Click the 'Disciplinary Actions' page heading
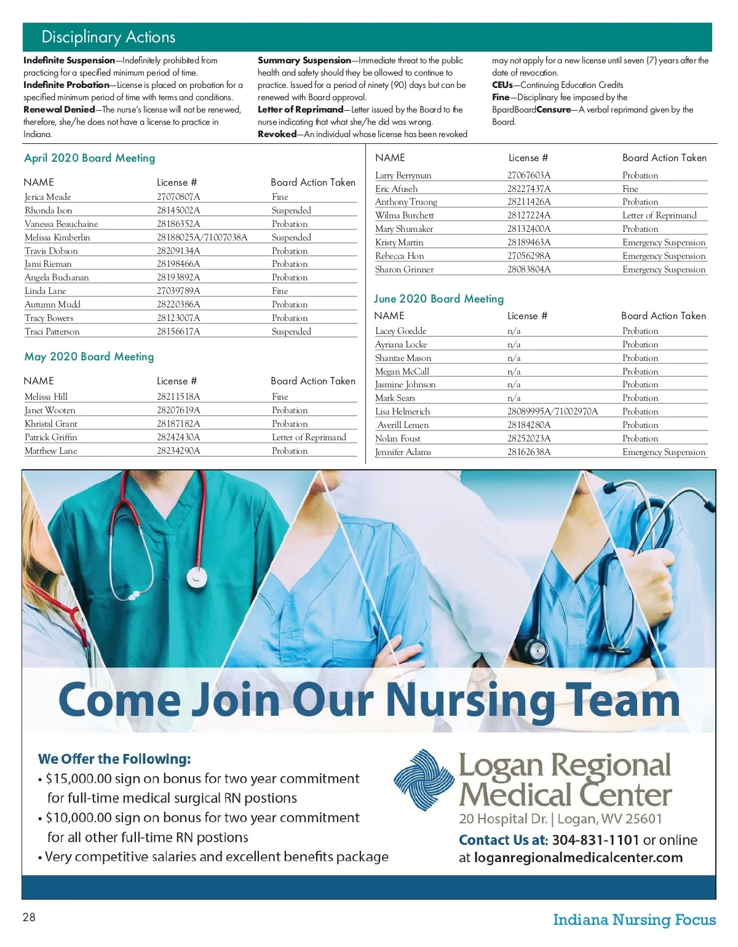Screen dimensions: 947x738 pyautogui.click(x=108, y=37)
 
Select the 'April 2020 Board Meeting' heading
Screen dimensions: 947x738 pyautogui.click(x=89, y=158)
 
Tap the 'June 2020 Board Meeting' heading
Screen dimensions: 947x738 pyautogui.click(x=438, y=299)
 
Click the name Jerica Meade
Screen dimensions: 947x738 pyautogui.click(x=48, y=197)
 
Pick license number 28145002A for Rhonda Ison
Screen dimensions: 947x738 pyautogui.click(x=178, y=210)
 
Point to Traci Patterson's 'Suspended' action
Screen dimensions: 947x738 pyautogui.click(x=292, y=331)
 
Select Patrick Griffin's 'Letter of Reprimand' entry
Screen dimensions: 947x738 pyautogui.click(x=309, y=437)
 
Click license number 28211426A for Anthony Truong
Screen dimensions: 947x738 pyautogui.click(x=529, y=202)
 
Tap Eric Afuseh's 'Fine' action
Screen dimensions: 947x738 pyautogui.click(x=630, y=189)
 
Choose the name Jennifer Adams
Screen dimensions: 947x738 pyautogui.click(x=403, y=452)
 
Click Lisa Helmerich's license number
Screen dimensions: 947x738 pyautogui.click(x=552, y=411)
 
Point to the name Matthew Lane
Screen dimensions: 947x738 pyautogui.click(x=51, y=451)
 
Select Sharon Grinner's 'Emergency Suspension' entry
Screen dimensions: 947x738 pyautogui.click(x=664, y=269)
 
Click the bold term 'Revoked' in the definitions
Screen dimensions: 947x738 pyautogui.click(x=277, y=134)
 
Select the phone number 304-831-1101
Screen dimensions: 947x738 pyautogui.click(x=595, y=840)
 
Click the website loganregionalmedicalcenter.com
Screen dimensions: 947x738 pyautogui.click(x=578, y=858)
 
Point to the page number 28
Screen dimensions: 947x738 pyautogui.click(x=29, y=917)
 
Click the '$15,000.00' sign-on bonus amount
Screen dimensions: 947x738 pyautogui.click(x=79, y=779)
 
